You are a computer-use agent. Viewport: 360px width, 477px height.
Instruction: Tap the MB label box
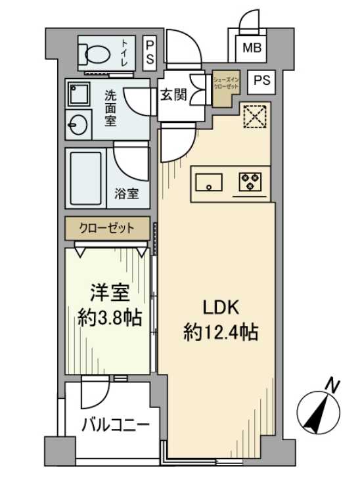click(x=251, y=48)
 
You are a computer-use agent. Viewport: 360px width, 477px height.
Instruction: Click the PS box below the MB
click(x=261, y=81)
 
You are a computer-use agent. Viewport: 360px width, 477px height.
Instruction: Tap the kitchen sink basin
click(x=208, y=181)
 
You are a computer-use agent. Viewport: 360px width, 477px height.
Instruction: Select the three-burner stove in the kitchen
click(x=250, y=181)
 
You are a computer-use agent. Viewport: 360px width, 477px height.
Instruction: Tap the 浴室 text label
click(x=127, y=194)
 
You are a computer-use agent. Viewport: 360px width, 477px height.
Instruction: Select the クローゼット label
click(x=107, y=229)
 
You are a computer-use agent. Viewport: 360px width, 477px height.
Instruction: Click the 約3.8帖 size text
click(x=108, y=319)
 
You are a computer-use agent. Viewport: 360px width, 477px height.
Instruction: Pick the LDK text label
click(x=219, y=307)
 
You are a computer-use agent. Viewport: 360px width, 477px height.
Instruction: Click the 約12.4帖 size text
click(x=219, y=332)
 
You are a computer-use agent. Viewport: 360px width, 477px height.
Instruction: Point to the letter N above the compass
click(x=334, y=384)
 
